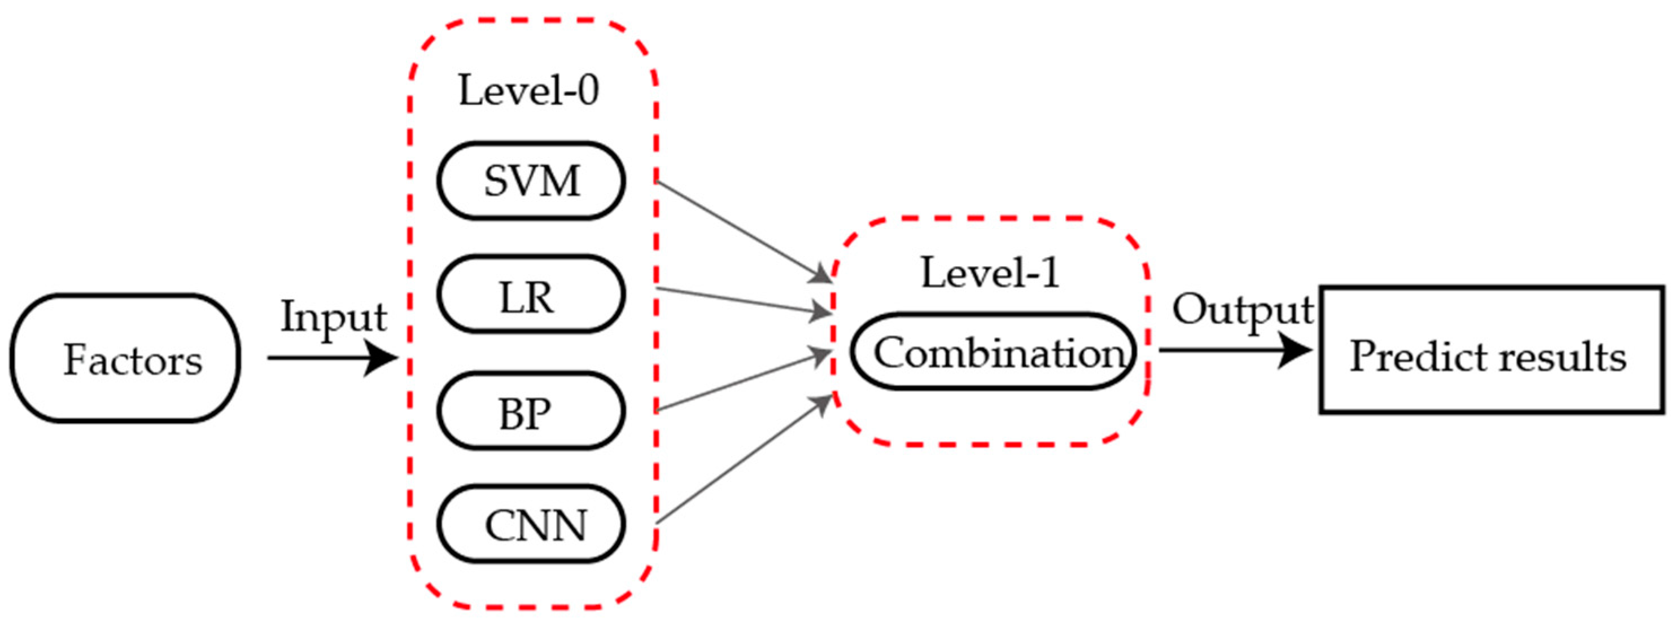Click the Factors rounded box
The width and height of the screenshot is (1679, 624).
tap(125, 358)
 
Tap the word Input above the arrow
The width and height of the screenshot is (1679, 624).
tap(333, 318)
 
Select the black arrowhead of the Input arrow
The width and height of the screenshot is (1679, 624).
tap(381, 358)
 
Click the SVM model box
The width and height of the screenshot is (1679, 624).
tap(531, 181)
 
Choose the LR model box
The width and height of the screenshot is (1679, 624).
tap(531, 295)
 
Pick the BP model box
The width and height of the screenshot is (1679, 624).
tap(531, 411)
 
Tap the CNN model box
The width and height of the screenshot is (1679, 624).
tap(531, 524)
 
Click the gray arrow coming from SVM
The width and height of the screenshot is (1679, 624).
tap(743, 231)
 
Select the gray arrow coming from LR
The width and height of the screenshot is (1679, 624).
tap(743, 300)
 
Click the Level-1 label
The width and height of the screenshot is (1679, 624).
tap(990, 273)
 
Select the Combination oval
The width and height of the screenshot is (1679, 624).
tap(993, 353)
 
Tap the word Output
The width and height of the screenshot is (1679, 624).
tap(1242, 311)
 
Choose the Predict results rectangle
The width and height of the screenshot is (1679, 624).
tap(1492, 350)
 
